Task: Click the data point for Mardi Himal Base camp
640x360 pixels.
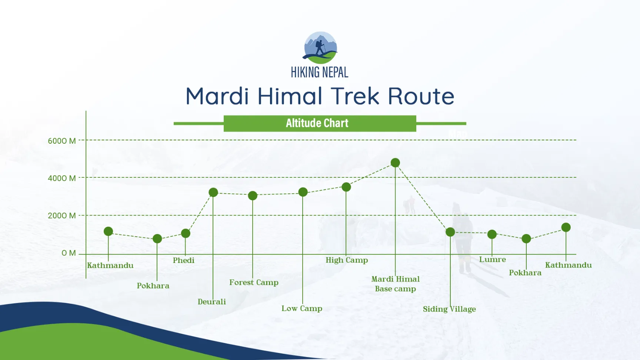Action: click(395, 163)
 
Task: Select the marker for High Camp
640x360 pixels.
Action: click(346, 187)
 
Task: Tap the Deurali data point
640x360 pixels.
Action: click(213, 192)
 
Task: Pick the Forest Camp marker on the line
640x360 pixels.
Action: click(253, 196)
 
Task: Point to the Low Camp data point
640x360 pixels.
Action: click(303, 192)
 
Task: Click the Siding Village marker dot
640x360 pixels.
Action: click(450, 232)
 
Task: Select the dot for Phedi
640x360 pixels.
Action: click(186, 233)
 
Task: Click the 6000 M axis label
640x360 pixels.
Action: click(62, 141)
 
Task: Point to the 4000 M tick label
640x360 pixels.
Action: click(62, 178)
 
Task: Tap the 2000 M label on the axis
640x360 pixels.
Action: click(62, 216)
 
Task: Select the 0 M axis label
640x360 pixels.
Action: click(69, 253)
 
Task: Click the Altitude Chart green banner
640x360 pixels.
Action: click(320, 123)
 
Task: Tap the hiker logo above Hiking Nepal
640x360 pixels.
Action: click(320, 48)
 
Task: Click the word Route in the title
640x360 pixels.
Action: click(421, 96)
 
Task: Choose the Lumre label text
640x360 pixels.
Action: click(492, 259)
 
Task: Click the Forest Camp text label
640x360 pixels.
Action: click(254, 282)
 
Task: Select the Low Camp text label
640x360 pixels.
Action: click(301, 308)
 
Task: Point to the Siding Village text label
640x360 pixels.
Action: click(449, 309)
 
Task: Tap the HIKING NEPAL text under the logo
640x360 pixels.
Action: click(320, 72)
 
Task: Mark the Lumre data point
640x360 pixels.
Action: click(492, 234)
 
